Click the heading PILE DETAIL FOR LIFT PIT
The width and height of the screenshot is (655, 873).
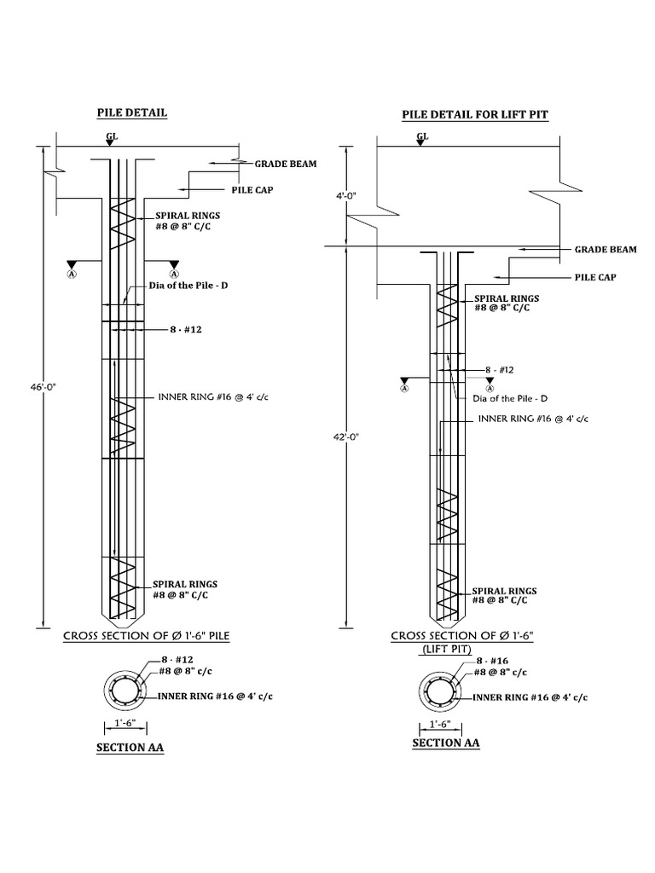click(475, 115)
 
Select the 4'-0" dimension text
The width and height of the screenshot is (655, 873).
click(346, 196)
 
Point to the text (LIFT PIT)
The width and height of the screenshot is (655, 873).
click(447, 649)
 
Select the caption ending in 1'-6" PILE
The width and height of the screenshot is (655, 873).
click(146, 636)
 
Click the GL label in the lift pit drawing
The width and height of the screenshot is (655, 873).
click(423, 136)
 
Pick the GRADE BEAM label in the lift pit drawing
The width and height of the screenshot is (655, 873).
click(605, 250)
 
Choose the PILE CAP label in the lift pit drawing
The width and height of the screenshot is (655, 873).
click(594, 277)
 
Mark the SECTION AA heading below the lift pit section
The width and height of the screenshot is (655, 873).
click(446, 743)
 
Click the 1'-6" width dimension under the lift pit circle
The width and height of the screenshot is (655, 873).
click(439, 724)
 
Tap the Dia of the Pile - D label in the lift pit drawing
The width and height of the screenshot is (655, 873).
click(508, 398)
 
